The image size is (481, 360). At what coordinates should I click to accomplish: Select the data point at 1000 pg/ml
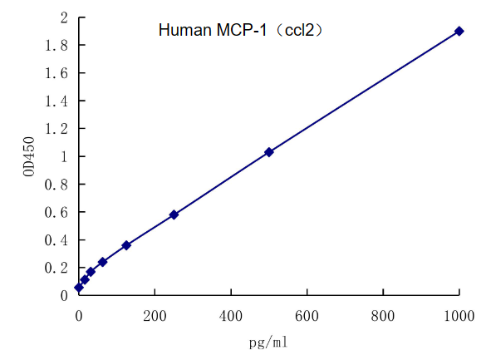click(x=459, y=31)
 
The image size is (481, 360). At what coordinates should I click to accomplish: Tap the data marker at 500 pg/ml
click(x=269, y=152)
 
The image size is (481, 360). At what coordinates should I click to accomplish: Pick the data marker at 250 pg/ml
click(x=174, y=215)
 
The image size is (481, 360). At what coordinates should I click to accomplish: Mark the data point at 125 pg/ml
click(x=126, y=245)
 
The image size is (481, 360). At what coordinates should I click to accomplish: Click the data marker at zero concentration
click(x=79, y=287)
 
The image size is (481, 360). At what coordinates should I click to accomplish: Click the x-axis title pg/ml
click(x=268, y=342)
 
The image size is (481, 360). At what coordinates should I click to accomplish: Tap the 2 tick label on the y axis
click(x=64, y=17)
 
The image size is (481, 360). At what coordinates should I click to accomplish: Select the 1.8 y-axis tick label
click(x=57, y=46)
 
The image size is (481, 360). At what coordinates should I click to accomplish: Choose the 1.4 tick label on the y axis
click(x=57, y=101)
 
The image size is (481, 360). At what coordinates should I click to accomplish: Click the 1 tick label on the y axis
click(x=64, y=157)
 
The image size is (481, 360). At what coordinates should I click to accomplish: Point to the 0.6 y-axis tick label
click(x=57, y=212)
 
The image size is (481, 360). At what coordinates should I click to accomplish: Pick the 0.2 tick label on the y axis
click(x=57, y=268)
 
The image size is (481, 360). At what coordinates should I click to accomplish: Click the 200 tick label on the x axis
click(x=155, y=316)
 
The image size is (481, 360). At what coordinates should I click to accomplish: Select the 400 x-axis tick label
click(x=231, y=316)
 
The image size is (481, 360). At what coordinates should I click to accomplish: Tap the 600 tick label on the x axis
click(x=307, y=316)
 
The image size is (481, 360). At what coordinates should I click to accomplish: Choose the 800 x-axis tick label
click(x=383, y=316)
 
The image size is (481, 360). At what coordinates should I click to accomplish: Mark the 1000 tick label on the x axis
click(x=458, y=316)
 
